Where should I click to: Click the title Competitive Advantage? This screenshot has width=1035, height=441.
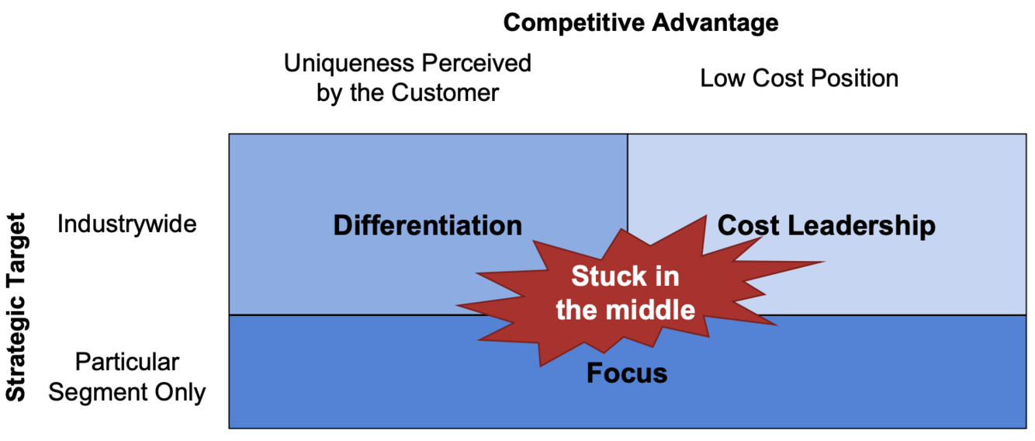click(640, 23)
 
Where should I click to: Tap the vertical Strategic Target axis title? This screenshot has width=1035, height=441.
click(16, 307)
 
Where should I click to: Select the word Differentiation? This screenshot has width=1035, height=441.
click(427, 226)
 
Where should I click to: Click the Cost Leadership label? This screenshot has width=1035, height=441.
click(826, 226)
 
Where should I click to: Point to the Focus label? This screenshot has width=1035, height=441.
click(627, 373)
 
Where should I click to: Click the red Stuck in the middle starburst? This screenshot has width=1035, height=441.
click(625, 293)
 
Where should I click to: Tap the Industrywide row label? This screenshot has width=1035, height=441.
click(126, 224)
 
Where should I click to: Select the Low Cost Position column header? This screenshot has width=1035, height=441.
click(799, 78)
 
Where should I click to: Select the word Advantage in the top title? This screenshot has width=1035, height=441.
click(715, 23)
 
